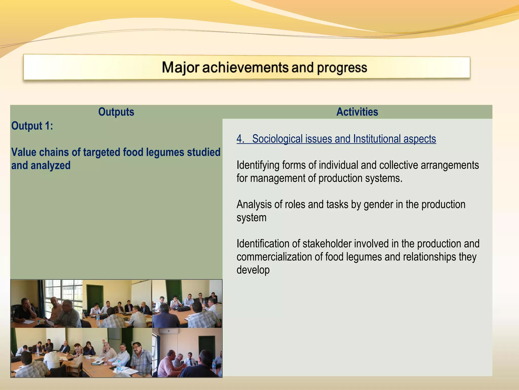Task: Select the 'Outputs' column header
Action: point(116,112)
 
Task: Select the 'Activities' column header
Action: point(357,112)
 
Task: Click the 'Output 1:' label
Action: point(32,126)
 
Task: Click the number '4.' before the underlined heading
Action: point(240,139)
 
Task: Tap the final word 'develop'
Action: point(253,270)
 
